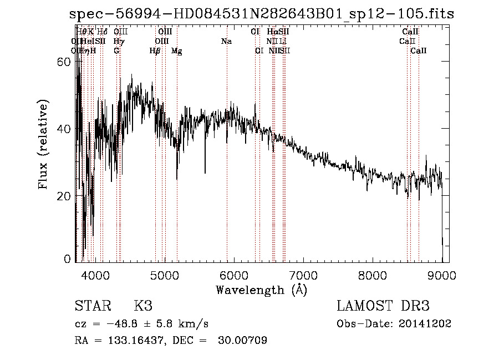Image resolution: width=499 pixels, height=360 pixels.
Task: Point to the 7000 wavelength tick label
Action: (x=303, y=275)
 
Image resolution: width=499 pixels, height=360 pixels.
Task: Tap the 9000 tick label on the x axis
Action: (x=442, y=275)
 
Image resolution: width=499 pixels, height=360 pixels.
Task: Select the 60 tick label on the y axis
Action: (x=64, y=62)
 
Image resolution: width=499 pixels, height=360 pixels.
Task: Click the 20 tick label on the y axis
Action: (x=64, y=196)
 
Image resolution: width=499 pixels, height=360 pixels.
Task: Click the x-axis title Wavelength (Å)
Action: (x=261, y=290)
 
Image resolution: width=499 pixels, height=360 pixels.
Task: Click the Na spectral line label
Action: (x=226, y=42)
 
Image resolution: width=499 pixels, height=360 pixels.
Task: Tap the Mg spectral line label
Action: (x=177, y=51)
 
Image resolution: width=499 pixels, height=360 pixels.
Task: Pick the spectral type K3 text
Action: (x=142, y=306)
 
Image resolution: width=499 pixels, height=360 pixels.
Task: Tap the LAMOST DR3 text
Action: (x=383, y=306)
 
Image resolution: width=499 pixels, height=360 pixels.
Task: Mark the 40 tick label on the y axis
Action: (x=64, y=129)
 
